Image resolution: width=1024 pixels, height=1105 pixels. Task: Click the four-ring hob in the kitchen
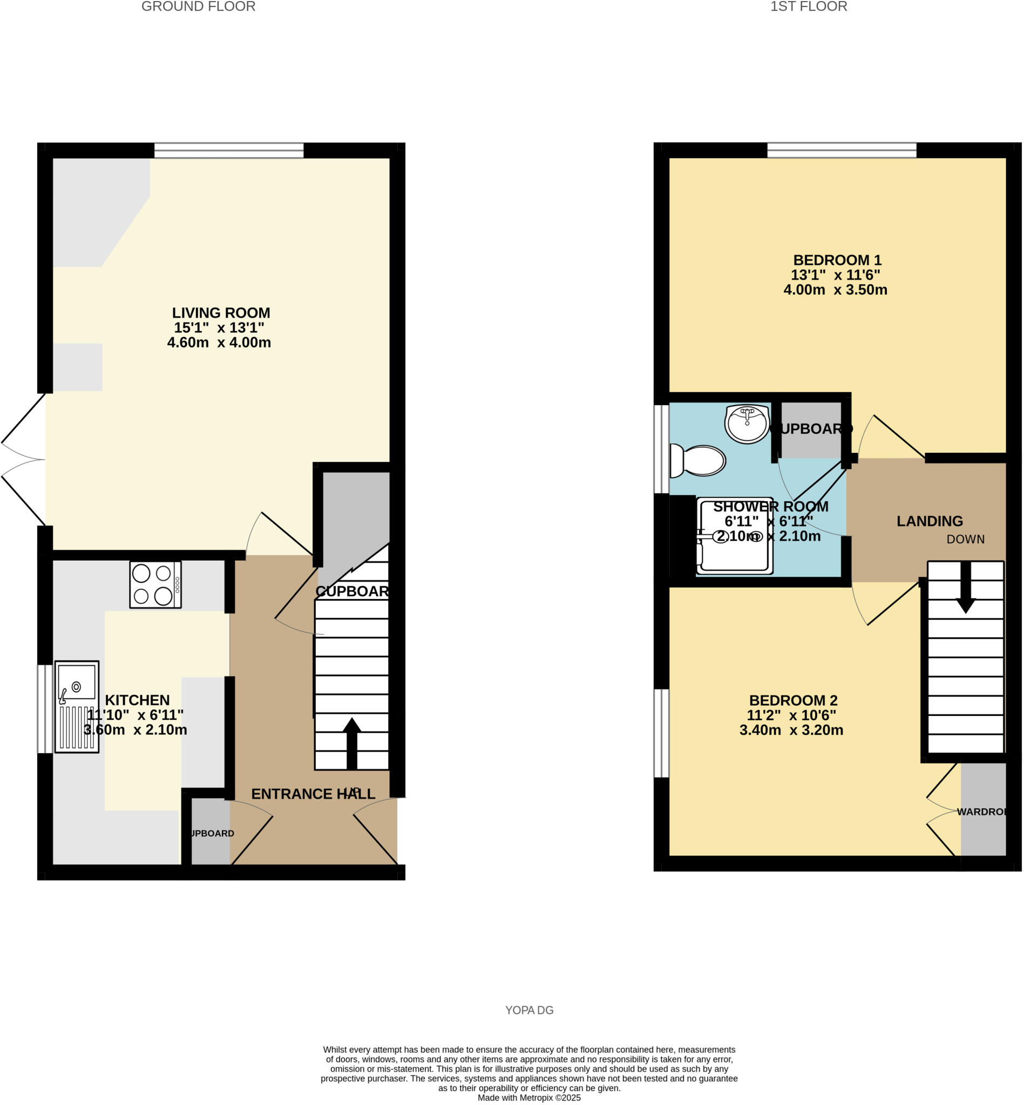click(x=155, y=585)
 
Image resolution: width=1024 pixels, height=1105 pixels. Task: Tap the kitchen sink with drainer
click(x=77, y=706)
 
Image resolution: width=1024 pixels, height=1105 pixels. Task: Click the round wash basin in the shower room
click(x=747, y=423)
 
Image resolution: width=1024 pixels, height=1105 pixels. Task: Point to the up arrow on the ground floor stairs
click(x=351, y=742)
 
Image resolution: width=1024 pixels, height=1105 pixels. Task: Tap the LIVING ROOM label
click(x=221, y=313)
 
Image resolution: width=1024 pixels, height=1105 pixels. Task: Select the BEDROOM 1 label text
click(x=837, y=260)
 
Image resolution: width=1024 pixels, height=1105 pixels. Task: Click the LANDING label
click(x=929, y=521)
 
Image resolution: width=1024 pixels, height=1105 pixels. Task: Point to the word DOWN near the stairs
click(x=965, y=540)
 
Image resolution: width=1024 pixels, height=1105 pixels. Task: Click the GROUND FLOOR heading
click(x=198, y=6)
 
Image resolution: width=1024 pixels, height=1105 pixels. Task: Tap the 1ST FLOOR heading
click(x=809, y=6)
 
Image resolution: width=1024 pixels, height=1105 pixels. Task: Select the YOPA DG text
click(x=529, y=1010)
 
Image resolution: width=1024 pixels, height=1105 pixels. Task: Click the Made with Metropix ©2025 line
click(x=529, y=1097)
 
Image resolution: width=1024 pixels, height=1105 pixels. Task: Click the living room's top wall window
click(x=229, y=150)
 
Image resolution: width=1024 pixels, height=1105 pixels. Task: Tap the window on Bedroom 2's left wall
click(x=661, y=733)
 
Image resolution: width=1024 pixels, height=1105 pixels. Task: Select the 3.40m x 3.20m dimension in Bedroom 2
click(x=791, y=730)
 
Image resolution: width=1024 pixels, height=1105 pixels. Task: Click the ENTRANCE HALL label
click(x=313, y=794)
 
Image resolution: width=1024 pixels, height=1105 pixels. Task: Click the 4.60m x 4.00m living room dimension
click(x=219, y=342)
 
